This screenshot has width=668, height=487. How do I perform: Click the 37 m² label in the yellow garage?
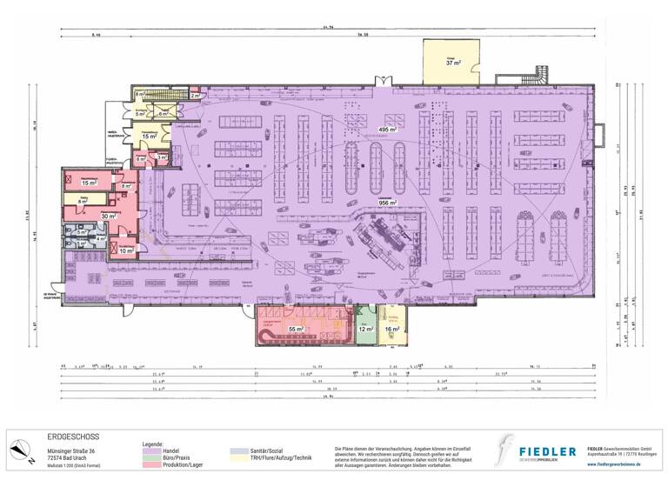(453, 63)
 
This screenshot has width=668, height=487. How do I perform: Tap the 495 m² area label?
(388, 130)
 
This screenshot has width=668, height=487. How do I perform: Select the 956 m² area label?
(387, 203)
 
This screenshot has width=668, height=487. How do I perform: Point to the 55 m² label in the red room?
(296, 330)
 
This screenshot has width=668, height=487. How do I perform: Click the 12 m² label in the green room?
(366, 330)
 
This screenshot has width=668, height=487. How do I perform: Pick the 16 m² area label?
(392, 330)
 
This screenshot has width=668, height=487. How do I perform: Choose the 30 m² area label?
(109, 217)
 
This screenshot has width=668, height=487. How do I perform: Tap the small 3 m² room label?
(162, 157)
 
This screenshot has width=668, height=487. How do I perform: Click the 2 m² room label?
(195, 96)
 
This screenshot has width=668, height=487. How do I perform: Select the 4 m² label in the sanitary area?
(100, 239)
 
